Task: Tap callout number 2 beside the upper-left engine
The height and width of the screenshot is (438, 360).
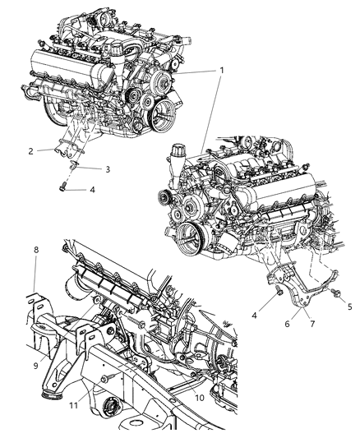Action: click(30, 151)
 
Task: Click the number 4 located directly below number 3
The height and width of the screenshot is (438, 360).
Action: click(91, 191)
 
